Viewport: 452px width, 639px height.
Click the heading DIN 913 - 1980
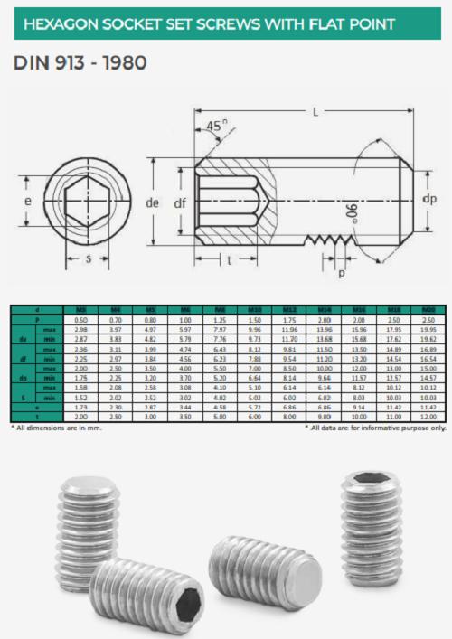80,64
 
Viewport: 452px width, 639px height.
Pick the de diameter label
153,202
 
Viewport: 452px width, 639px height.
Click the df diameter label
179,203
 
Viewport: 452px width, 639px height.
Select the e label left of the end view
27,201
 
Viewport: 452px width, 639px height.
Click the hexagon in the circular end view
87,202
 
